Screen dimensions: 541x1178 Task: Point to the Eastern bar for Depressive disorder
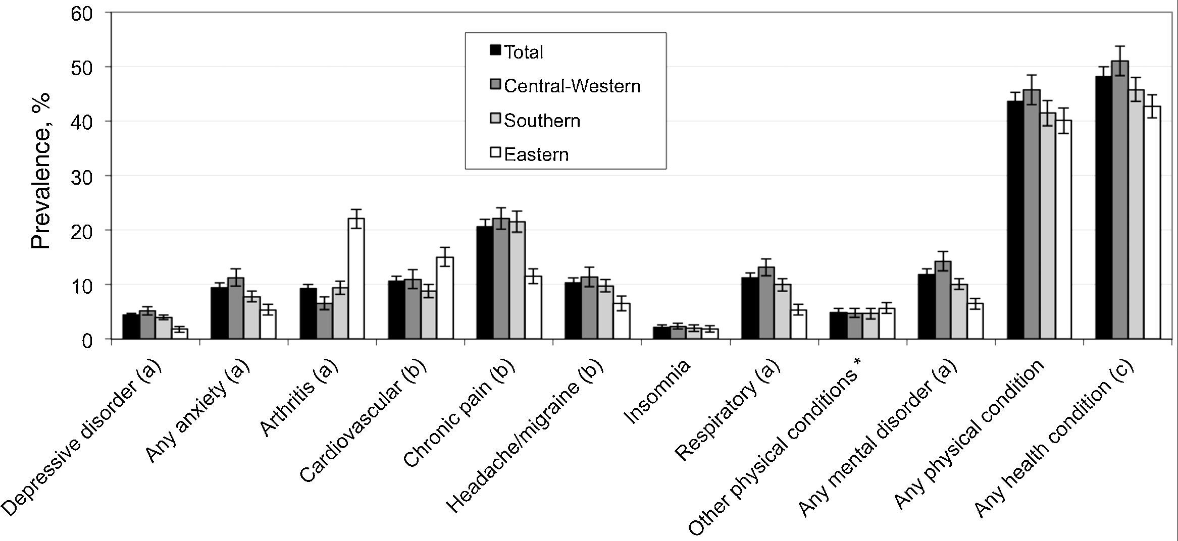point(180,334)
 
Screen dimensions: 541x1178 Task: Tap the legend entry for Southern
point(542,121)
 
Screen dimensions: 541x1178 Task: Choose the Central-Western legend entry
point(572,86)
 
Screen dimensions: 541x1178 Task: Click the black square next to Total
point(495,50)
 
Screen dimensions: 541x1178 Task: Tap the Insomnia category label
point(658,392)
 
